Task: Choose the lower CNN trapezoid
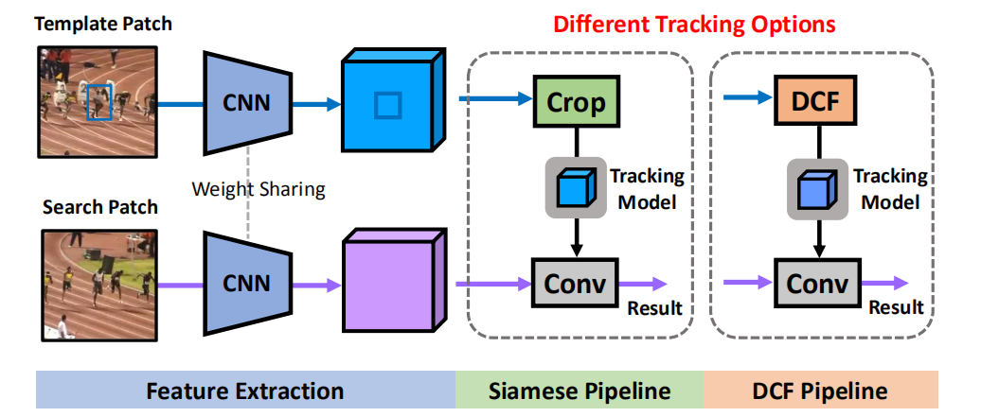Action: point(246,282)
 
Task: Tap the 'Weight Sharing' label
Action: point(258,189)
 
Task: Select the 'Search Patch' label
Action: point(99,207)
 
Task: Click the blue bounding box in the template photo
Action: point(99,101)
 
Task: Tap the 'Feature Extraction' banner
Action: point(244,391)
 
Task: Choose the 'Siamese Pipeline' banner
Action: point(580,391)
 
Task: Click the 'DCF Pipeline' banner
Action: point(820,391)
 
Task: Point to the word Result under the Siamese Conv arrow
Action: point(654,308)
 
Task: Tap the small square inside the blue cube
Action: point(385,105)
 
